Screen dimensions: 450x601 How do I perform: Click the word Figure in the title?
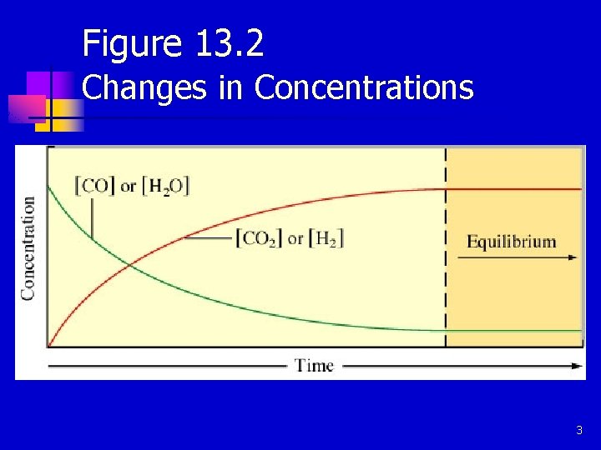133,43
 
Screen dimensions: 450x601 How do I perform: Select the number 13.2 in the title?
230,43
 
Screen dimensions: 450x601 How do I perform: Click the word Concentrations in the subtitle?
363,87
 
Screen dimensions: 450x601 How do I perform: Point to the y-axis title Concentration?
28,248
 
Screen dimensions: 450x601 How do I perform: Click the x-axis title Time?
314,365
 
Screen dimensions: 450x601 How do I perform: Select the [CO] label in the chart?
94,185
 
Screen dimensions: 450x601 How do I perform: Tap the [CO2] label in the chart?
260,238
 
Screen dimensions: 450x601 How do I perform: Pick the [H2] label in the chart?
326,238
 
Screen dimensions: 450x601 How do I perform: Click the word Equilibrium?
511,242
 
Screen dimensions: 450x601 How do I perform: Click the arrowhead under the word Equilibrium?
572,257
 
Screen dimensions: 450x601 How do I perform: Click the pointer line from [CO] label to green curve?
92,218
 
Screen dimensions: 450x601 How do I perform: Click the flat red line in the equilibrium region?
513,189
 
